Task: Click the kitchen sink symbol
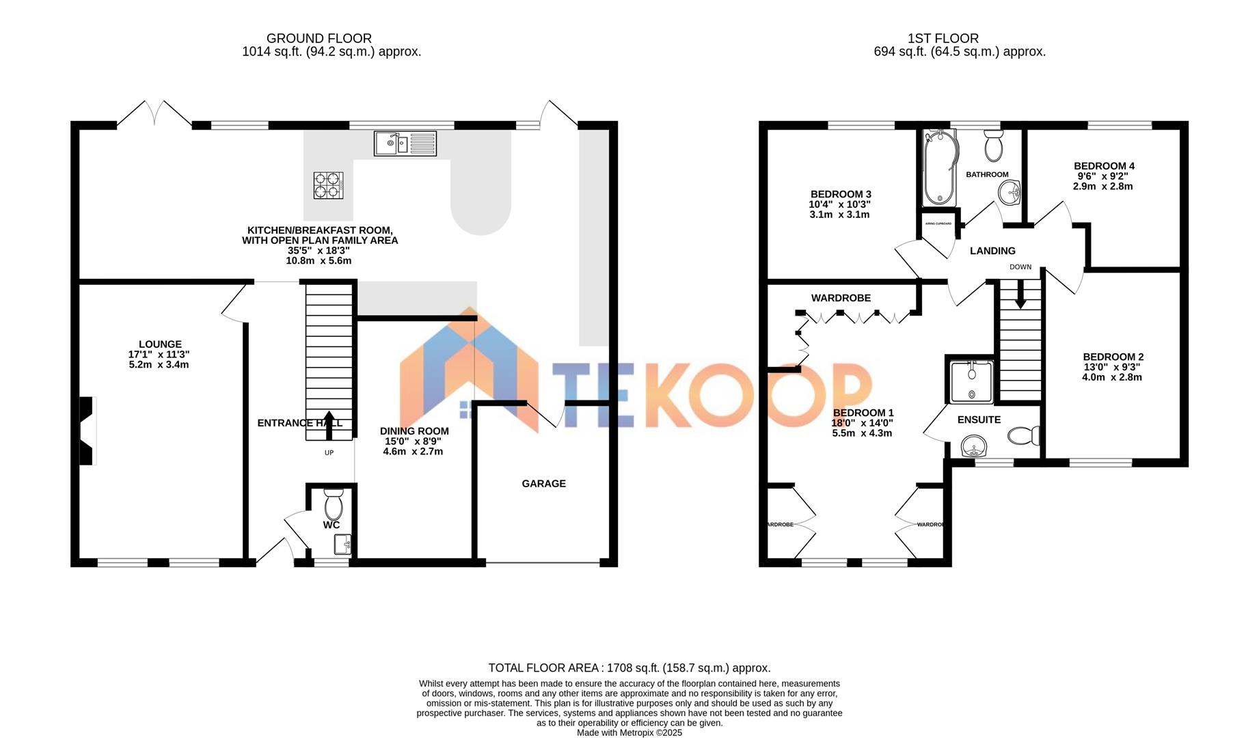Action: [x=405, y=143]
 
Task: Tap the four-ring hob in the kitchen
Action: [x=327, y=185]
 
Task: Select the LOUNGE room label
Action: [x=160, y=344]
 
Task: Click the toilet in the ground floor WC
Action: [x=333, y=506]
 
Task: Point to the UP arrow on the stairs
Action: [x=329, y=424]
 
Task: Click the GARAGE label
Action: [x=543, y=484]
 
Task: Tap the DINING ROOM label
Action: [x=414, y=431]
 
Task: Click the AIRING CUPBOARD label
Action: [x=938, y=223]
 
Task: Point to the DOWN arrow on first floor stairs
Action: [x=1020, y=296]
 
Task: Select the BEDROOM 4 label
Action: [x=1104, y=166]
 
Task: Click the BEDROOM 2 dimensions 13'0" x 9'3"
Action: [x=1112, y=367]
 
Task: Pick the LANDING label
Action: [x=992, y=251]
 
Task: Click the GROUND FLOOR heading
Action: [x=319, y=39]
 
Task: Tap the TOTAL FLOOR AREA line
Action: [x=629, y=668]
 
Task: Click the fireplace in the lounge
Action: [x=87, y=431]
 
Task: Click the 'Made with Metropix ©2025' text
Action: [x=629, y=733]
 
